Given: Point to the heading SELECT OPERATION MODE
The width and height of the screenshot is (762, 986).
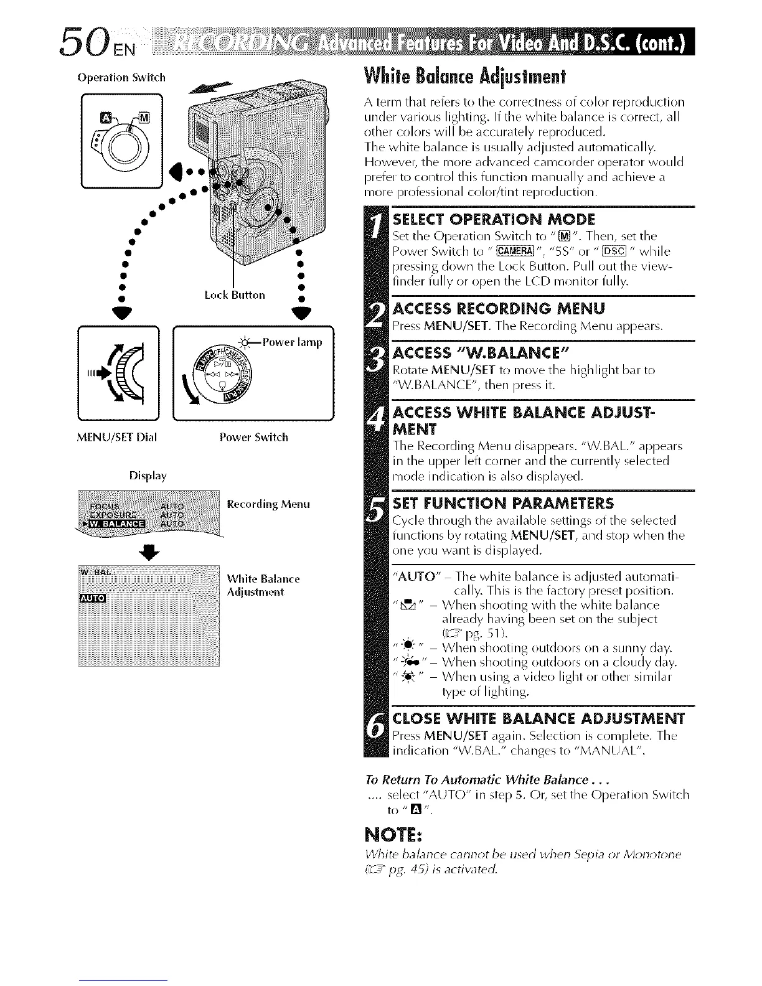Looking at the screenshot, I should (x=494, y=219).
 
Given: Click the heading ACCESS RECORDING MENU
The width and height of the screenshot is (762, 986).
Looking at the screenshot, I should (x=499, y=309).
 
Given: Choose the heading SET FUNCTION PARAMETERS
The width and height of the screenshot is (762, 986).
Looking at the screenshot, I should (x=503, y=503).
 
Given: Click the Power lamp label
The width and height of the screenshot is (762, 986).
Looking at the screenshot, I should (x=292, y=342).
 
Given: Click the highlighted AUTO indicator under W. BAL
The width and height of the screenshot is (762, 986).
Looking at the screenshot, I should (x=93, y=599).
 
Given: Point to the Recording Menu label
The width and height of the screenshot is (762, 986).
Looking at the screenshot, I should (x=268, y=504).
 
